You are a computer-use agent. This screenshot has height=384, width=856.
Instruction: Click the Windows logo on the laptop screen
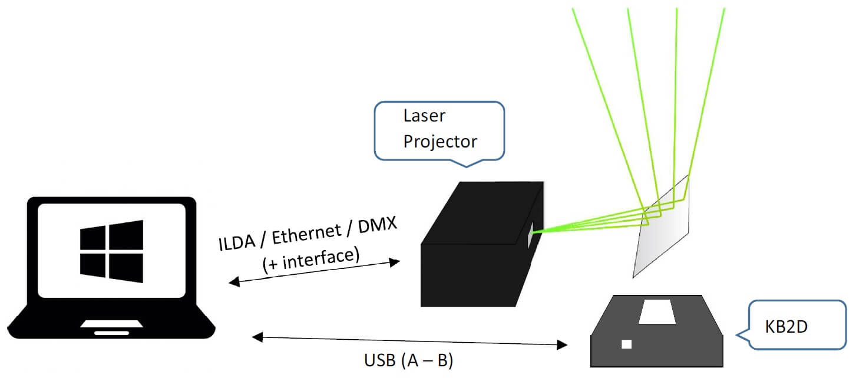point(111,251)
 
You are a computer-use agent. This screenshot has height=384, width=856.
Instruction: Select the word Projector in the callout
point(439,142)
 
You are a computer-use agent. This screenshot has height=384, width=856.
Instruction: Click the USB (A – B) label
point(408,360)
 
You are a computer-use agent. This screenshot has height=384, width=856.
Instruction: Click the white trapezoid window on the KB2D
point(657,311)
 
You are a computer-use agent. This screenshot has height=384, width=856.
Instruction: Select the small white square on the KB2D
point(626,344)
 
